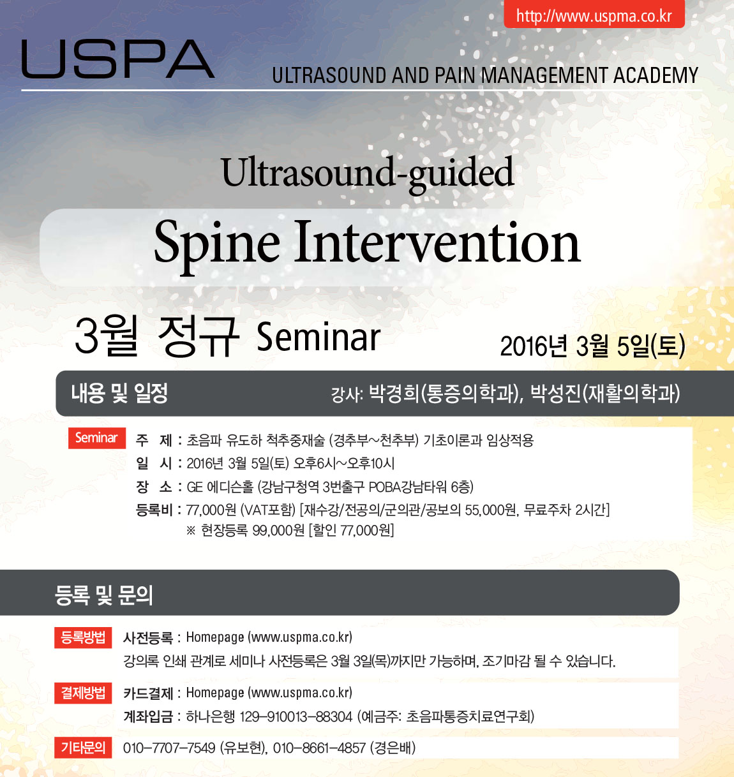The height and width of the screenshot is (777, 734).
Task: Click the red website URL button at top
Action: [x=594, y=14]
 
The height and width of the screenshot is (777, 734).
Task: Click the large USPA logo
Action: [x=118, y=59]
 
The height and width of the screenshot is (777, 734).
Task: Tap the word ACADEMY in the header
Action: [x=655, y=75]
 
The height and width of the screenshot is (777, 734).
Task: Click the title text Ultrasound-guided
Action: [x=367, y=175]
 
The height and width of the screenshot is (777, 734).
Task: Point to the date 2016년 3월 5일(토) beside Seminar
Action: [x=593, y=346]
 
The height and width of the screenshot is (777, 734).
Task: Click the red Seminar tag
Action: [x=96, y=438]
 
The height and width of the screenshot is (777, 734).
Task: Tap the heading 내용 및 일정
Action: [x=119, y=393]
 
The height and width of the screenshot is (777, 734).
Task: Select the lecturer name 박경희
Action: [x=394, y=393]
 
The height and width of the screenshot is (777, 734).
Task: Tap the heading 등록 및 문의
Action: [x=104, y=595]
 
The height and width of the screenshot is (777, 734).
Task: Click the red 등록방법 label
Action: [x=83, y=637]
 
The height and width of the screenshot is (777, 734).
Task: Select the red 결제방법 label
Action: [x=83, y=693]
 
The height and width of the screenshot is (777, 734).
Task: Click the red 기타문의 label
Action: [x=83, y=748]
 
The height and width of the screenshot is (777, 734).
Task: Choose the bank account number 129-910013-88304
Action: [x=296, y=717]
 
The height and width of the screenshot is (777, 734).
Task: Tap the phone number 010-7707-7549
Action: [x=169, y=748]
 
